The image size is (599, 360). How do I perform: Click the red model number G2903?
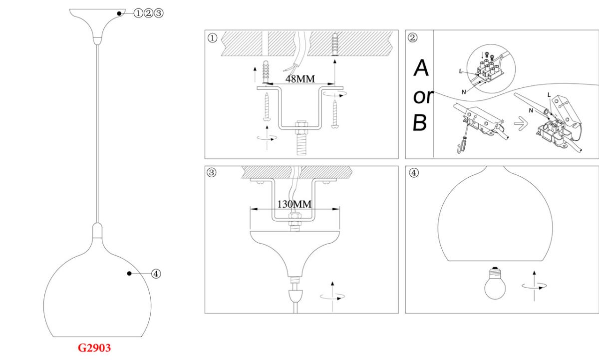94,348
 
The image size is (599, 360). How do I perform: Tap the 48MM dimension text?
300,79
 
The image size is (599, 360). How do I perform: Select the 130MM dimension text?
294,204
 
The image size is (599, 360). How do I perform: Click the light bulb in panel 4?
495,283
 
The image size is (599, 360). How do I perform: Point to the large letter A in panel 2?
421,68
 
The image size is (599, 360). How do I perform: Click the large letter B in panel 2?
420,123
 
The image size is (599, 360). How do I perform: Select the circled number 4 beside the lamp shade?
156,274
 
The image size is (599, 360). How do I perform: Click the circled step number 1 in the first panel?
212,38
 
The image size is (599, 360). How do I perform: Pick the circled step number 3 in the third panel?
211,173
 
